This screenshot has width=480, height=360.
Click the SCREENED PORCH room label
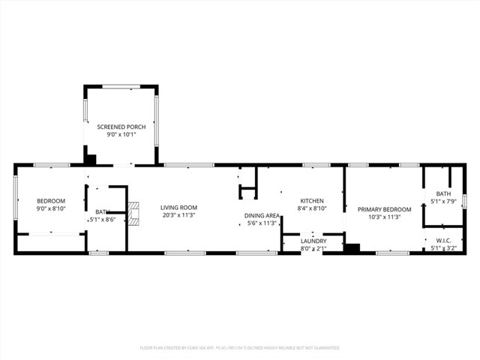tap(121, 127)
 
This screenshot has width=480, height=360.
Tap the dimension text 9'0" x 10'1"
tap(121, 136)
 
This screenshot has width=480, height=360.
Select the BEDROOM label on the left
tap(51, 200)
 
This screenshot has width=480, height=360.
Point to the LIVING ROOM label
tap(178, 207)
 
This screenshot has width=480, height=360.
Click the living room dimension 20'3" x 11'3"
tap(178, 215)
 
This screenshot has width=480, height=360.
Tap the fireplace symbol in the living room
tap(133, 213)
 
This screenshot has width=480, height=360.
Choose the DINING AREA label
tap(262, 214)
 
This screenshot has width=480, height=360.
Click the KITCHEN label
tap(311, 201)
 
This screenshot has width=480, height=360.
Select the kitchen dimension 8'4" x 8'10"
tap(311, 209)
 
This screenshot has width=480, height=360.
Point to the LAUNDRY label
tap(313, 241)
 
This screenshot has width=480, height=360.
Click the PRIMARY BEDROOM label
tap(384, 209)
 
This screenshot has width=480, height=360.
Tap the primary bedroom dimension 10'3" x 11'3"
tap(384, 217)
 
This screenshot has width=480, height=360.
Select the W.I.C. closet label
tap(442, 241)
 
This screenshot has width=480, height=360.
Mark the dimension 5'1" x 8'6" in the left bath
tap(102, 220)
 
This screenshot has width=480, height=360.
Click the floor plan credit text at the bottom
tap(240, 348)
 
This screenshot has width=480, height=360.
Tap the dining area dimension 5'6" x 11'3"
tap(262, 223)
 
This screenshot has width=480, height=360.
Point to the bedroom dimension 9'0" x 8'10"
tap(51, 209)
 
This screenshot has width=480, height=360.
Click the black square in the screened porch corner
tap(90, 159)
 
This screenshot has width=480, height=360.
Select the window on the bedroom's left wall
tap(16, 198)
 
